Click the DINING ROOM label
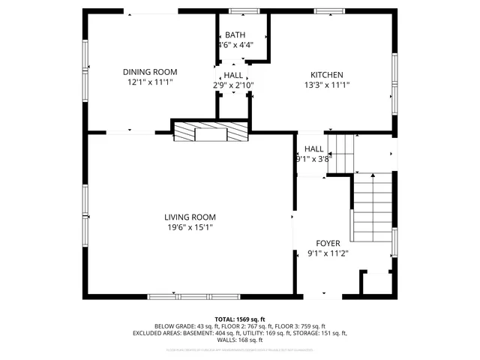pyautogui.click(x=150, y=73)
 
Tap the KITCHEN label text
pyautogui.click(x=327, y=74)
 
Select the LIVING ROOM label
pyautogui.click(x=190, y=217)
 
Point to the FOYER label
pyautogui.click(x=328, y=243)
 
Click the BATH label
pyautogui.click(x=235, y=35)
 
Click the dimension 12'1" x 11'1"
pyautogui.click(x=150, y=83)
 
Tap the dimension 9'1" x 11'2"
pyautogui.click(x=328, y=253)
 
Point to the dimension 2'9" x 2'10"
pyautogui.click(x=233, y=85)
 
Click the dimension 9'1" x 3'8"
pyautogui.click(x=313, y=158)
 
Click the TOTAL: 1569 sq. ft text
pyautogui.click(x=240, y=319)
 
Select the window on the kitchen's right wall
pyautogui.click(x=394, y=81)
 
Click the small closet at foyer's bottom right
pyautogui.click(x=376, y=283)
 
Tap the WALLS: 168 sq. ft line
pyautogui.click(x=239, y=340)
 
